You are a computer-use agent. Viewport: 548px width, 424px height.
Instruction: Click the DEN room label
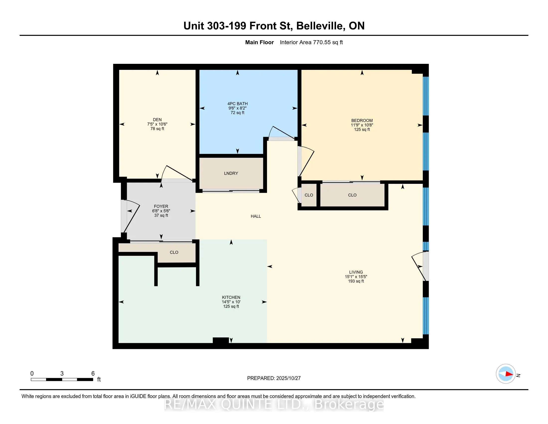tap(157, 119)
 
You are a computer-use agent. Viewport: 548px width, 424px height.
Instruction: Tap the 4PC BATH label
tap(237, 104)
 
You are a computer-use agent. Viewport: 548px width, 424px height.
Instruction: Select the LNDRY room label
tap(231, 173)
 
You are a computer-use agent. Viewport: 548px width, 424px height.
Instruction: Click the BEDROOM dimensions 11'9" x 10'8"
tap(362, 125)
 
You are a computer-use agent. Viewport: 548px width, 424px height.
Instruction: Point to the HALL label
tap(256, 216)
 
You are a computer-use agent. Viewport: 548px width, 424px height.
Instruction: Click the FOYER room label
tap(161, 207)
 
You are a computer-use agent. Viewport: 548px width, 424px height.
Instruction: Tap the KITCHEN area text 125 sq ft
tap(231, 307)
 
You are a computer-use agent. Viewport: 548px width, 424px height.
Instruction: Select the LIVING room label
tap(356, 272)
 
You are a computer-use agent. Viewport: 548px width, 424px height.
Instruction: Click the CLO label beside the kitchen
tap(174, 252)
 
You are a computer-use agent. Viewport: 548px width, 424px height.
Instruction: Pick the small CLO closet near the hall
tap(309, 195)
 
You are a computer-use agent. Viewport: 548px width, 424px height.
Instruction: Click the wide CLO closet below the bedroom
tap(352, 195)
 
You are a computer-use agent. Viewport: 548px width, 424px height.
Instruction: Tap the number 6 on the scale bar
tap(93, 374)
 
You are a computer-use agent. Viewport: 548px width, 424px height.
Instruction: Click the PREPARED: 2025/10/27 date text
tap(274, 378)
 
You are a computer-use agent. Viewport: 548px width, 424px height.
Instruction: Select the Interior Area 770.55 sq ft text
tap(311, 42)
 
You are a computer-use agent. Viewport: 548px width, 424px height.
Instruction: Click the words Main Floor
tap(259, 42)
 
